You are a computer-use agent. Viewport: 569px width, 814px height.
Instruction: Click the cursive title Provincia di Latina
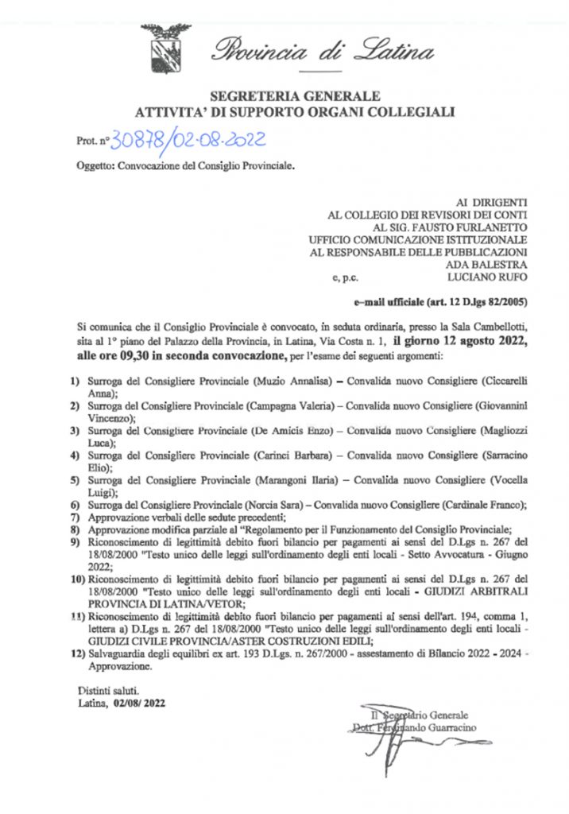[322, 52]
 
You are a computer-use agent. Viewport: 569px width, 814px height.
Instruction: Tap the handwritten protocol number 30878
[139, 141]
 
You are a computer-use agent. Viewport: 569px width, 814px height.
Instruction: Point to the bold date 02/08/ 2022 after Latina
[143, 703]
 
